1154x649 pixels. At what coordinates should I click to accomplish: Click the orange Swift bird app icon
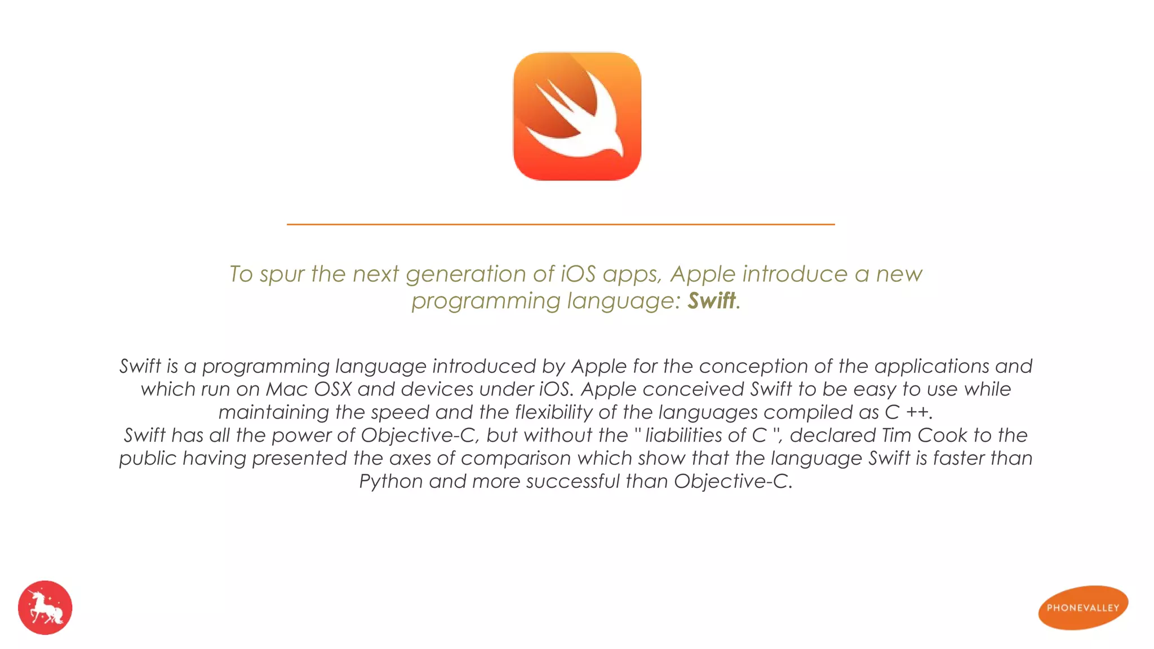pyautogui.click(x=577, y=116)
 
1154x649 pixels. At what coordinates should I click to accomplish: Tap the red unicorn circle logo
pyautogui.click(x=45, y=607)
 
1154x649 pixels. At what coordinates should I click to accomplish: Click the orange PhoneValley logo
pyautogui.click(x=1083, y=607)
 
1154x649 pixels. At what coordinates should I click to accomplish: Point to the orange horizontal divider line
pyautogui.click(x=561, y=224)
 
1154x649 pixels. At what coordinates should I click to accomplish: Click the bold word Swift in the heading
pyautogui.click(x=711, y=301)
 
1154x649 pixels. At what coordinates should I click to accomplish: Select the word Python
pyautogui.click(x=391, y=482)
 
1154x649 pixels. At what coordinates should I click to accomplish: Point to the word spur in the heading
pyautogui.click(x=282, y=275)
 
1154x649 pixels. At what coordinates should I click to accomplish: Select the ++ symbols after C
pyautogui.click(x=917, y=412)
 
